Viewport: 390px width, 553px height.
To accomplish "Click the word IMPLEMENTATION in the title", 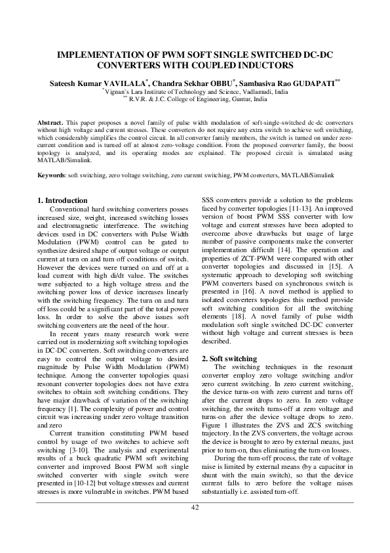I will [x=100, y=56].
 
